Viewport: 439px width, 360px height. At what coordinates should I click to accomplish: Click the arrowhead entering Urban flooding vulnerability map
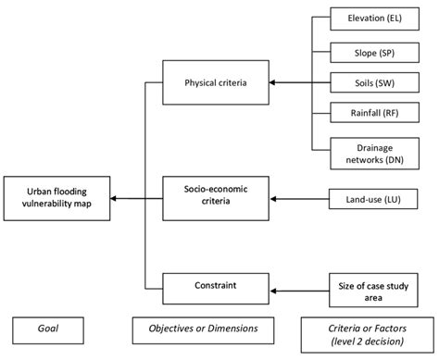point(111,198)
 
